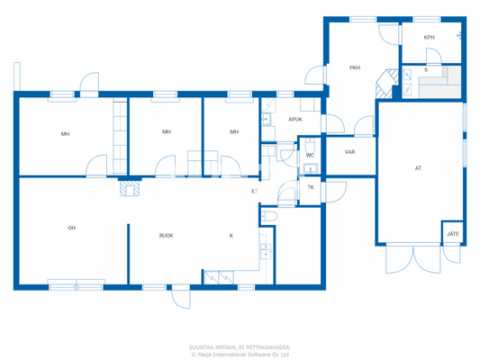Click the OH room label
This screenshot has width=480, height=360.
(71, 228)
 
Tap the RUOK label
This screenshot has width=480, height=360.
(166, 236)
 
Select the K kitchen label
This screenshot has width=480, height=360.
(231, 236)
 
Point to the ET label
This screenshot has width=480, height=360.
(254, 191)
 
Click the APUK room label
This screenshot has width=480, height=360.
(294, 119)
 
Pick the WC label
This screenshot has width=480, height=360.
(310, 155)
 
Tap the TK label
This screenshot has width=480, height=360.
(311, 187)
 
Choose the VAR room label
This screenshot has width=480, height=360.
(349, 151)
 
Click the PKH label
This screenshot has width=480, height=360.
(355, 67)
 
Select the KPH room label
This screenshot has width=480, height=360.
(430, 37)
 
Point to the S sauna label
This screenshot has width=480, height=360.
(426, 69)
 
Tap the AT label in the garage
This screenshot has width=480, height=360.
(418, 168)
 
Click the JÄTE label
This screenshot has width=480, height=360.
(453, 234)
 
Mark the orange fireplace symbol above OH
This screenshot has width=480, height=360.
(131, 189)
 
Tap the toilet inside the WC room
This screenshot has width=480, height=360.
(308, 166)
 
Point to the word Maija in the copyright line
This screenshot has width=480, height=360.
(209, 354)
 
